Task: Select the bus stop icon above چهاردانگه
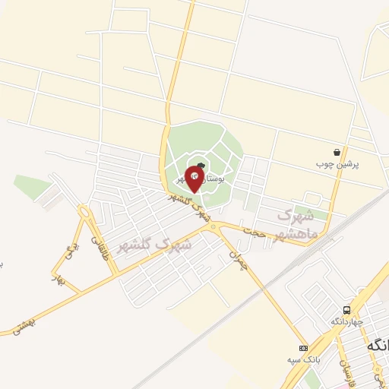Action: [346, 309]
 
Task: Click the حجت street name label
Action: [254, 231]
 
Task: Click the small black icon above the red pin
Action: [200, 165]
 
